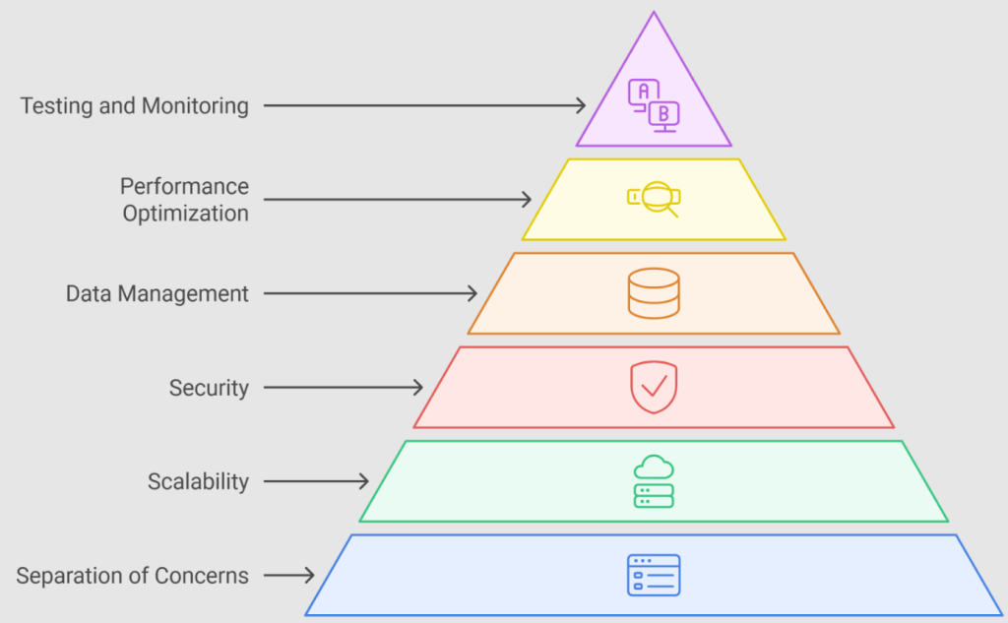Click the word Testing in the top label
[56, 106]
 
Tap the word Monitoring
[195, 106]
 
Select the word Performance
[184, 186]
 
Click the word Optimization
[186, 214]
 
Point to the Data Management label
[157, 294]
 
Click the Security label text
[209, 389]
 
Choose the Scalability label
[198, 481]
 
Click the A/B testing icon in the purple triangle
[654, 106]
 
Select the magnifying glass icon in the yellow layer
[654, 200]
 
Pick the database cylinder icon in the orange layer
[654, 294]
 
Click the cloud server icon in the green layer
[654, 481]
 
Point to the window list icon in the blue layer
[654, 576]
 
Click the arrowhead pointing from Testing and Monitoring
[581, 105]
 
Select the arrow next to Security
[344, 388]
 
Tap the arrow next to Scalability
[316, 481]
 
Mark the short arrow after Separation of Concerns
[289, 576]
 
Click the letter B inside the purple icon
[664, 114]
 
